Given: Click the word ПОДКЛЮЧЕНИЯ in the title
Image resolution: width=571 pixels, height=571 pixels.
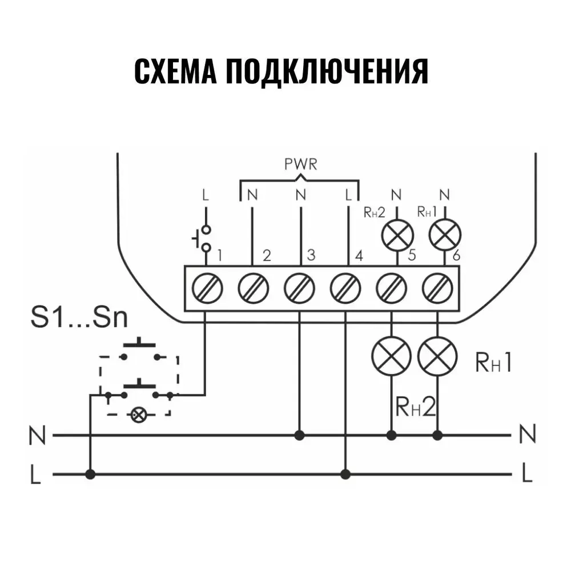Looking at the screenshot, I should point(326,71).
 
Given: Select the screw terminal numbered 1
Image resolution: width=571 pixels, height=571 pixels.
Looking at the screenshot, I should point(206,288).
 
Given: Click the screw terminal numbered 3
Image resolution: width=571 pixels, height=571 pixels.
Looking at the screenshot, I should point(299,288).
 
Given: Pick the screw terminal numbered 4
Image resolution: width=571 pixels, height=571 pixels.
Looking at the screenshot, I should point(345,288).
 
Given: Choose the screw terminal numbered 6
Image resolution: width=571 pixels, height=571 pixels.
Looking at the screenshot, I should point(437,288).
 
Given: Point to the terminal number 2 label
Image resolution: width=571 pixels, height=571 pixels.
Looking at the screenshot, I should point(266,255).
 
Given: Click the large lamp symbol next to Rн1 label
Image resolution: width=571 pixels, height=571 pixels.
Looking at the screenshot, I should point(437,356).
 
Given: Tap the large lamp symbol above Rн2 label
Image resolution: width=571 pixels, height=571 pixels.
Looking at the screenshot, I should point(391,356).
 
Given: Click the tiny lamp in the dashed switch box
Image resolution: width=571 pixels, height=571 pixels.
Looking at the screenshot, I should point(137,415).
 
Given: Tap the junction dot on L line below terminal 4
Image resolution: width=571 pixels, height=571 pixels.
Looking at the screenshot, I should point(345,474).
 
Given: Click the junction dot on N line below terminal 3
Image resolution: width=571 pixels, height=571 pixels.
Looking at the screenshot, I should point(299,436).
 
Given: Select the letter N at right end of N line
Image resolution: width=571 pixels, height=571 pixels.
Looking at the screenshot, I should point(528,435).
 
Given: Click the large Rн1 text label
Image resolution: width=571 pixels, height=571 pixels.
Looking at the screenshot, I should point(493,363).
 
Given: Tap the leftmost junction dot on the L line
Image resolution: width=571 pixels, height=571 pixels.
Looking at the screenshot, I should point(90,474).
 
